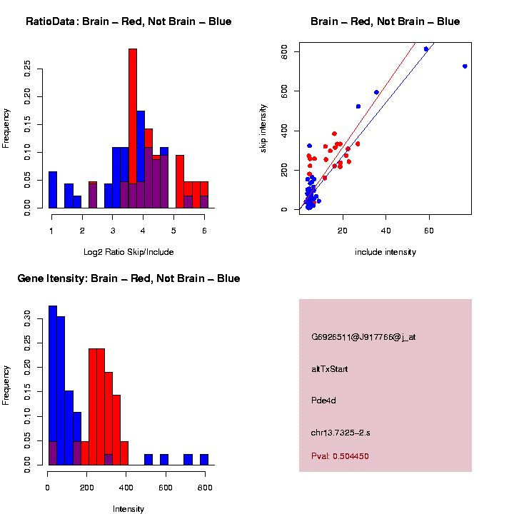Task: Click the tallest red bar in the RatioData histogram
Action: point(133,128)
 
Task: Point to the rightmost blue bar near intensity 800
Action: point(204,460)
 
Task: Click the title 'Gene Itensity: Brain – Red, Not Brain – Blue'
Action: point(128,278)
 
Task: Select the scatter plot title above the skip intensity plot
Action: point(385,22)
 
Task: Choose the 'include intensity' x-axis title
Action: point(385,252)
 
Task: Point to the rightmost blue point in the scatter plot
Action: point(465,66)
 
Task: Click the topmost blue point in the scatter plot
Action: point(426,49)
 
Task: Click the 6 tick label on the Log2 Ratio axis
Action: point(204,231)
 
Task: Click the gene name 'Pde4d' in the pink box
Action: point(324,400)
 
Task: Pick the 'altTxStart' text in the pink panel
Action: point(330,369)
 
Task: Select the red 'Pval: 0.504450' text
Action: point(340,456)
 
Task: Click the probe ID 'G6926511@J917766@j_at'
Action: point(363,338)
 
